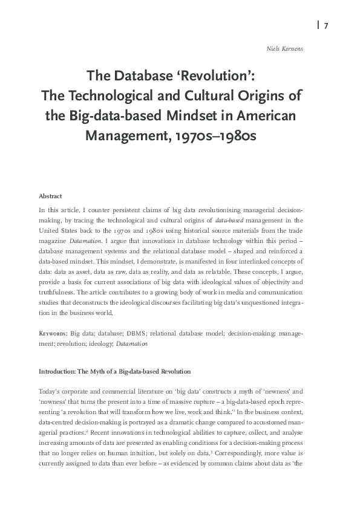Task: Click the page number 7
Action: (x=326, y=26)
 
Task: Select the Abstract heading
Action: (x=50, y=196)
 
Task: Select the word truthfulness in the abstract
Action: (x=56, y=294)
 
